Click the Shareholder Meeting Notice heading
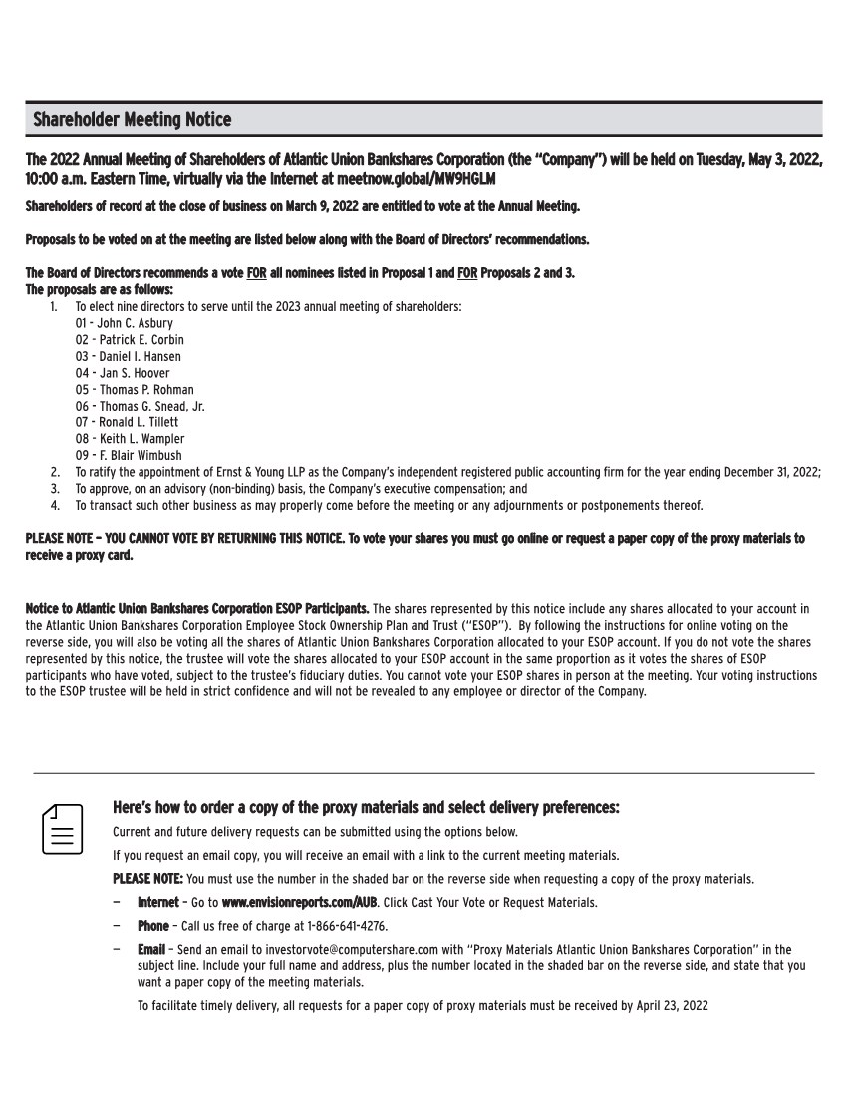tap(132, 120)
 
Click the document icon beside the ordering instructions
tap(62, 829)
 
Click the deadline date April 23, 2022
tap(672, 1006)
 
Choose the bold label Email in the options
tap(152, 950)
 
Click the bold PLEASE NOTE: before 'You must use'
tap(147, 879)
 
